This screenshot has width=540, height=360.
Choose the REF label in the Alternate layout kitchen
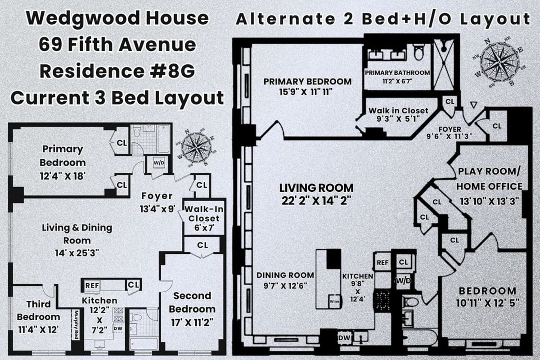click(382, 262)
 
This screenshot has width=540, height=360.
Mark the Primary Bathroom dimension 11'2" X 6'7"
click(397, 81)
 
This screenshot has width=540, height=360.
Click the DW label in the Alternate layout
click(343, 336)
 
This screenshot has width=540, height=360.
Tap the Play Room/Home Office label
click(490, 179)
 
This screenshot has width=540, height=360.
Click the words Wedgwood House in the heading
click(117, 19)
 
